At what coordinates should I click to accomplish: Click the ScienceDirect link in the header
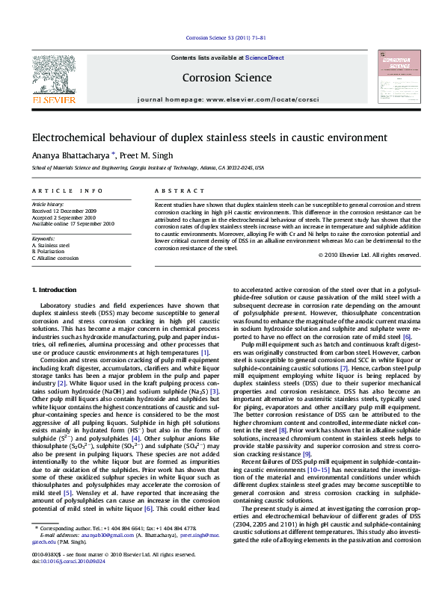coord(265,58)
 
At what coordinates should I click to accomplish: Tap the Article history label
coord(48,204)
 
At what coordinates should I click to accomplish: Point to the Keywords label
coord(45,237)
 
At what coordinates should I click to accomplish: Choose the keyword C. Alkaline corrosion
coord(55,258)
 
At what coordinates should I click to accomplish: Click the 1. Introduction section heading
coord(54,290)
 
